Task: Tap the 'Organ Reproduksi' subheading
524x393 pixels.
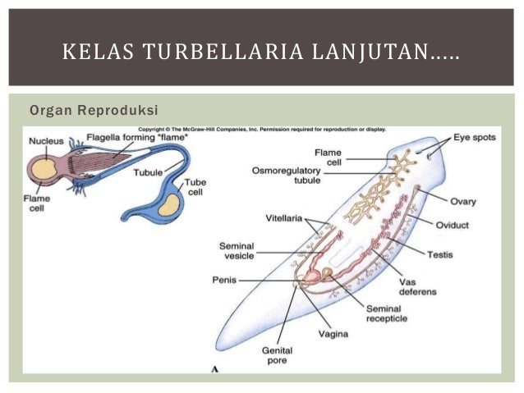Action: (x=93, y=110)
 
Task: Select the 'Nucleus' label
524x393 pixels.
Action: (x=47, y=141)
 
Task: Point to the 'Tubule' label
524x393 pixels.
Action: (x=148, y=173)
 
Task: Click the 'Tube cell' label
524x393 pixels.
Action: (x=195, y=187)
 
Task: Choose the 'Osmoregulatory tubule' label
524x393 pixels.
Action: (x=287, y=176)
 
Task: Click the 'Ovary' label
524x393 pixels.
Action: (x=463, y=201)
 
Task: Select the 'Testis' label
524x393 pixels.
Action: (x=439, y=254)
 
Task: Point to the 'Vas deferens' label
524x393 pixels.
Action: (x=423, y=286)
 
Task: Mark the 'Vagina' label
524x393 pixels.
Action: (x=333, y=334)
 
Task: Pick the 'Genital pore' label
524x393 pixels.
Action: (x=277, y=355)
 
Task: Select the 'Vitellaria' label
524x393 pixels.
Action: (x=284, y=218)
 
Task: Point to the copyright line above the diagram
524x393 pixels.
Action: (x=261, y=129)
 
